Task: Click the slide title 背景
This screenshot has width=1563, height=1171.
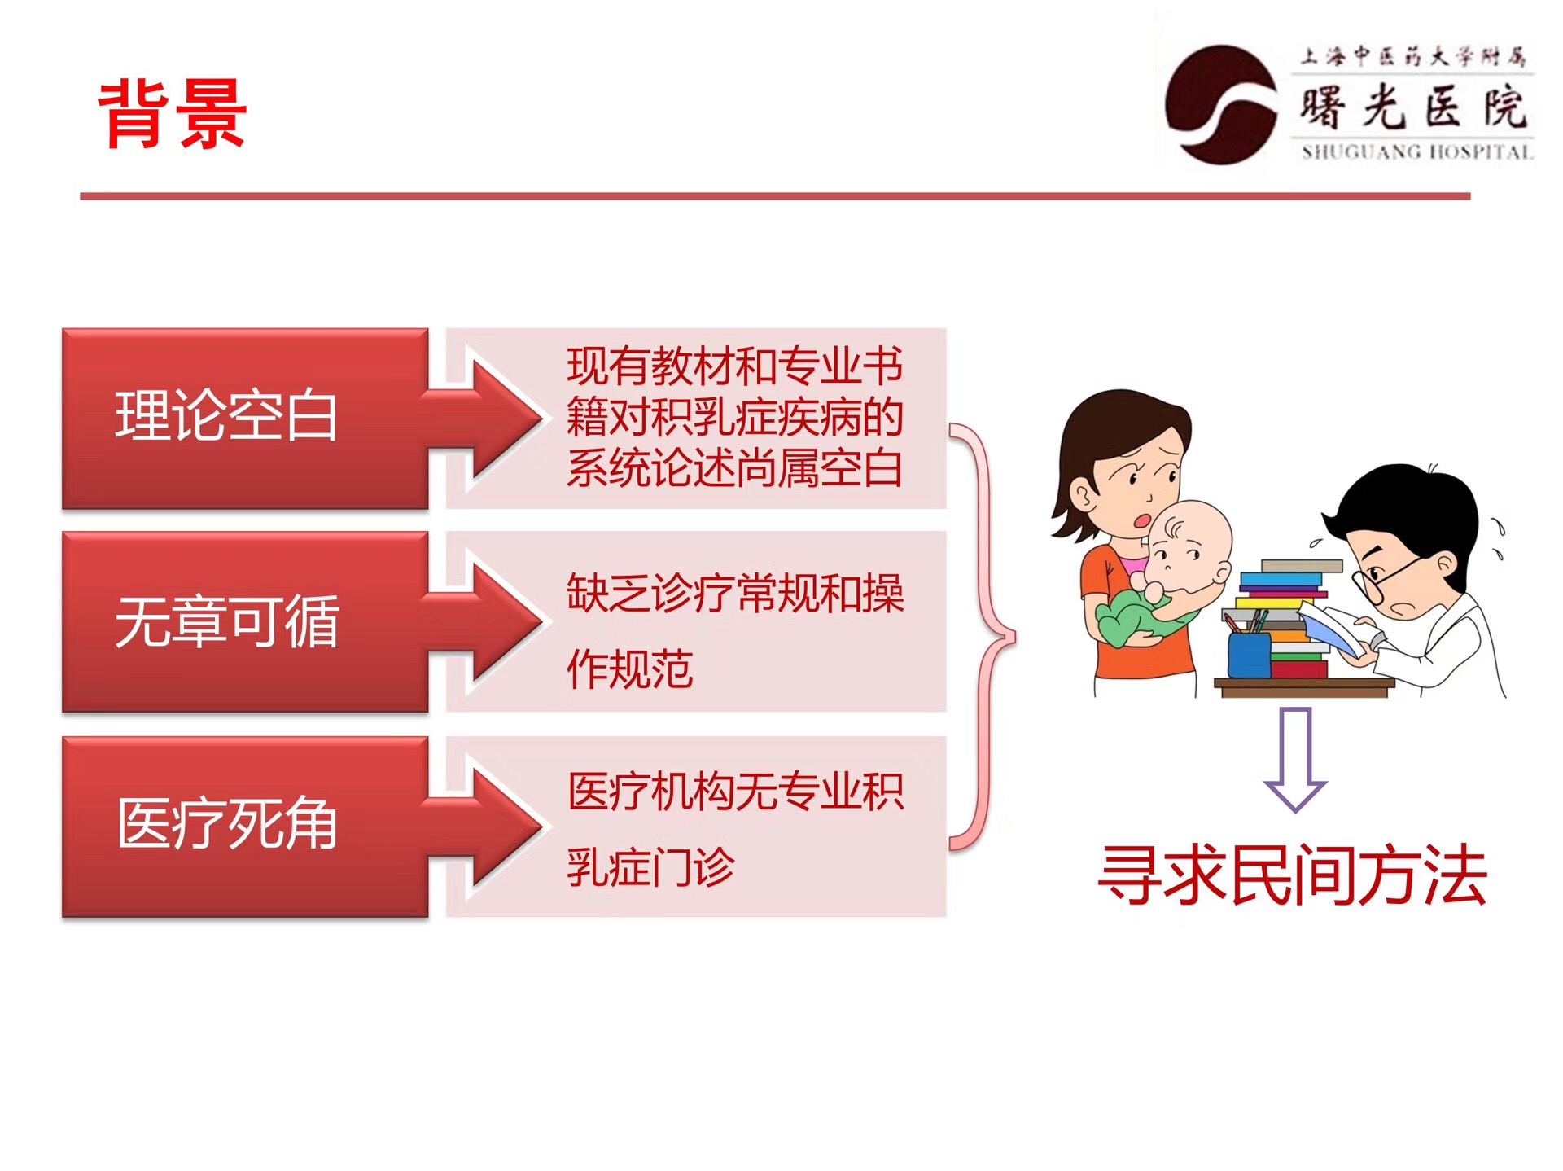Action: coord(172,114)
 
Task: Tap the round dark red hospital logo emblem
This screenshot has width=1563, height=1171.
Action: coord(1220,105)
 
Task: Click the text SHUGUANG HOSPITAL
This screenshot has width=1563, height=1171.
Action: coord(1416,151)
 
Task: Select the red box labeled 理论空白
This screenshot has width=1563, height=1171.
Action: coord(245,419)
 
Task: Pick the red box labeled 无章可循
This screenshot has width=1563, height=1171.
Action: coord(245,622)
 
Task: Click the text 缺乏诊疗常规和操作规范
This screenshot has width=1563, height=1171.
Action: coord(735,631)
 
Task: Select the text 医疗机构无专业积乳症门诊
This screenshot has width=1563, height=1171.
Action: coord(735,829)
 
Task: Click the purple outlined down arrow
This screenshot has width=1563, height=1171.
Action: coord(1295,760)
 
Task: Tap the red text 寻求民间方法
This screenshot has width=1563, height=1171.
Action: coord(1293,875)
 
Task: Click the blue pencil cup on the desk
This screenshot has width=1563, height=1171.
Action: coord(1249,654)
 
